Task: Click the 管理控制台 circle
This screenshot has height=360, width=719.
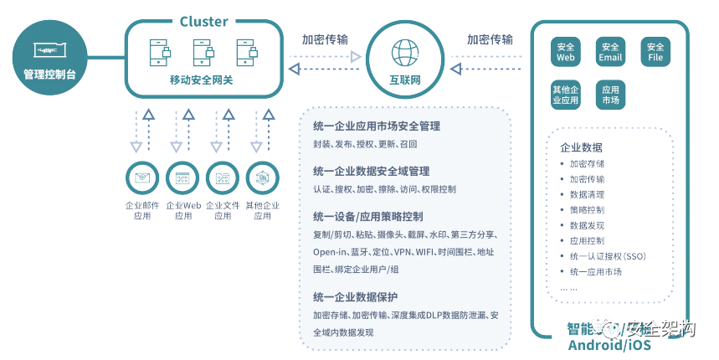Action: click(x=49, y=57)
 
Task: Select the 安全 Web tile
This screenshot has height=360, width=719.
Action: click(x=566, y=52)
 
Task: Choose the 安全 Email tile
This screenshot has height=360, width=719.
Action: click(x=610, y=52)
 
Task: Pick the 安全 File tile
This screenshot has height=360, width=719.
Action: click(x=655, y=52)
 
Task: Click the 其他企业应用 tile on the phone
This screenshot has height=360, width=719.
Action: click(x=566, y=95)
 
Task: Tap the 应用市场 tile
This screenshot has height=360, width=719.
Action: click(x=610, y=95)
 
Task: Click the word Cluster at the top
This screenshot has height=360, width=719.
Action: click(x=204, y=21)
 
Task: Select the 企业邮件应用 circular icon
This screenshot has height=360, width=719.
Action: click(x=141, y=177)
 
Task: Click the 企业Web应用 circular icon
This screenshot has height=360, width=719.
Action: click(x=182, y=177)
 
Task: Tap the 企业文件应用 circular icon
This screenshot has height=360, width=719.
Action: click(x=222, y=177)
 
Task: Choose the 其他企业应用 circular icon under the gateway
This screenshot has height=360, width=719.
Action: click(x=262, y=177)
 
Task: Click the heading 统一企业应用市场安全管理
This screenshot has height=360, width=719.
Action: click(x=376, y=126)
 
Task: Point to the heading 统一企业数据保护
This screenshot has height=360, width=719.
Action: click(x=355, y=297)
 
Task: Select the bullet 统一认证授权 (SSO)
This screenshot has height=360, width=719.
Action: click(x=608, y=256)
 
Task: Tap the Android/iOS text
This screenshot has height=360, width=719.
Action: click(x=608, y=345)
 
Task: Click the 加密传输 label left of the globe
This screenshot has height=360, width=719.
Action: click(x=326, y=39)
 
